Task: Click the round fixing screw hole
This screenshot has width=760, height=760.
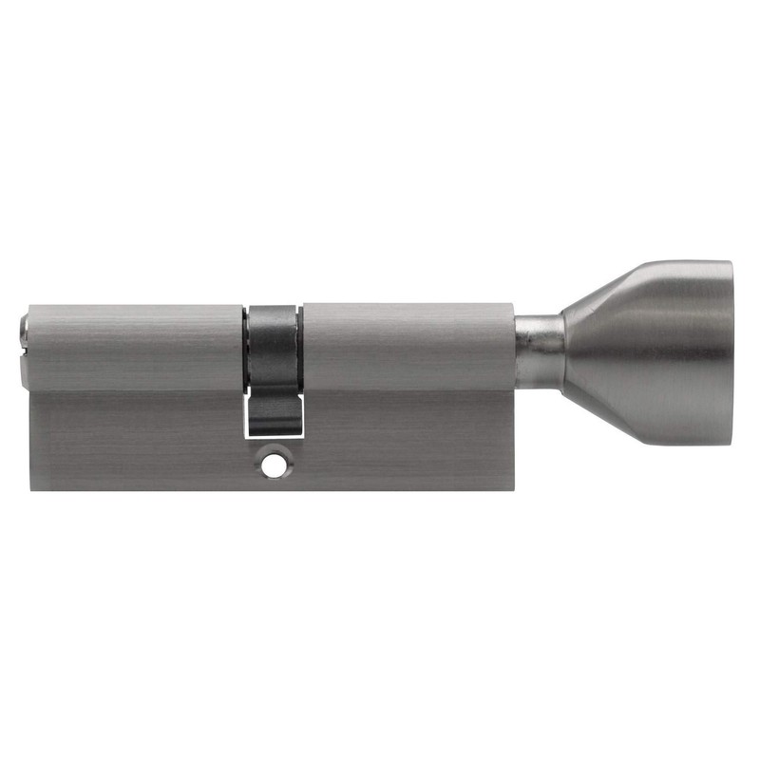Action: pyautogui.click(x=275, y=467)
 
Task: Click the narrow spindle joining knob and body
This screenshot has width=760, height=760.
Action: pyautogui.click(x=538, y=349)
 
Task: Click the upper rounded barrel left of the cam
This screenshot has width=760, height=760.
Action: pyautogui.click(x=133, y=347)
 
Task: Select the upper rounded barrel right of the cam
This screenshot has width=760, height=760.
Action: pyautogui.click(x=408, y=347)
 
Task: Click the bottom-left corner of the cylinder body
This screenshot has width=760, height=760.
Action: pyautogui.click(x=30, y=489)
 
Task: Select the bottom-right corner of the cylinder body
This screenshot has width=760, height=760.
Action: pyautogui.click(x=514, y=489)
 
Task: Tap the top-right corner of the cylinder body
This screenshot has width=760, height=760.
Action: pyautogui.click(x=513, y=306)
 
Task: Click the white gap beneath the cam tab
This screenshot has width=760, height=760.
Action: pyautogui.click(x=275, y=434)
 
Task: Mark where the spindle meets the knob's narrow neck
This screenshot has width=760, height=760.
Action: pyautogui.click(x=563, y=349)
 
